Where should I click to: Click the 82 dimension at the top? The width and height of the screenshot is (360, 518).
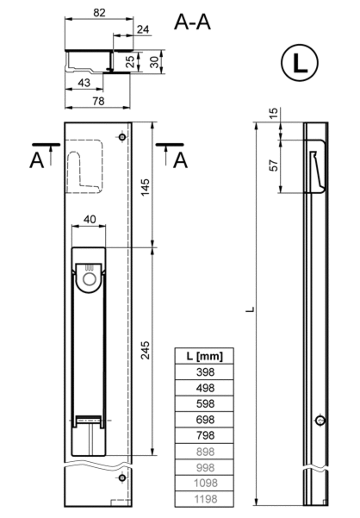99,13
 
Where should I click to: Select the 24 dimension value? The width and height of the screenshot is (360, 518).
143,29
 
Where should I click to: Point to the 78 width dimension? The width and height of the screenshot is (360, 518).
99,101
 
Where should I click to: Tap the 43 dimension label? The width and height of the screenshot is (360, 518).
84,83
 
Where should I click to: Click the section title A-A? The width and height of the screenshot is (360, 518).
192,22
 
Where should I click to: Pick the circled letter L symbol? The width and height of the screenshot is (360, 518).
300,62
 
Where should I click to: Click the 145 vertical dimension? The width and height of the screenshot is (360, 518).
145,187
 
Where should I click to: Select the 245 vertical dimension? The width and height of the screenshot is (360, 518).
145,350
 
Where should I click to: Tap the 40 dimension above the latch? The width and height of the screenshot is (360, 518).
90,219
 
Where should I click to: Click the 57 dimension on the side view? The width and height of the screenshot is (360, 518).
274,165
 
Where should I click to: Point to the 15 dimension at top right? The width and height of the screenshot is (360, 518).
274,113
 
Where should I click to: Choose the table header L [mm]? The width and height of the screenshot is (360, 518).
205,356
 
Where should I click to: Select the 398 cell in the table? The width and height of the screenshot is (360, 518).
205,372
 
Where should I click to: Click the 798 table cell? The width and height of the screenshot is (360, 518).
205,435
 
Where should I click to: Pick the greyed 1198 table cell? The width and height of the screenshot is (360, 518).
205,499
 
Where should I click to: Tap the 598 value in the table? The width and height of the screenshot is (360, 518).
205,403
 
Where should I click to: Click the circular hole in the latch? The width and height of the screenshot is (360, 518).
89,279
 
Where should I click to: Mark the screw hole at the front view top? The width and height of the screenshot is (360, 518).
122,137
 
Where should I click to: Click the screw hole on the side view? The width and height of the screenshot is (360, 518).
320,421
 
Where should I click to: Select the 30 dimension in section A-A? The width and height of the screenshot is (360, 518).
154,62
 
